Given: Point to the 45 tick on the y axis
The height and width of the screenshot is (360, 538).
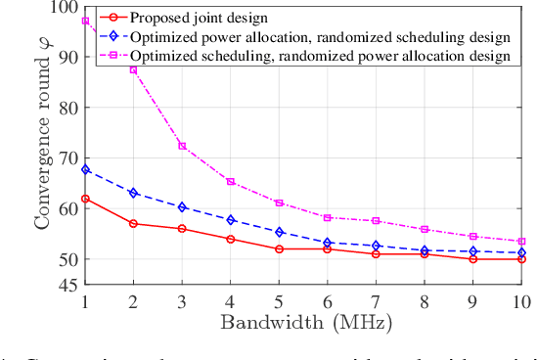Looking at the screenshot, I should click(x=66, y=286).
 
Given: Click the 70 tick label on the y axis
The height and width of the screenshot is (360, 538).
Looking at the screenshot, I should click(x=66, y=157).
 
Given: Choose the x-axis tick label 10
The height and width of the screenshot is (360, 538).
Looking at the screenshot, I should click(x=520, y=301).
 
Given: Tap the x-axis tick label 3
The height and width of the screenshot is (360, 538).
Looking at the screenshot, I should click(x=182, y=301).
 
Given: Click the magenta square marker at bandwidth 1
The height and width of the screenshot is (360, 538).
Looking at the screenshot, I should click(x=86, y=21).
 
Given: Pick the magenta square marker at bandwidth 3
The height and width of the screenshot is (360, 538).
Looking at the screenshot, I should click(x=182, y=146).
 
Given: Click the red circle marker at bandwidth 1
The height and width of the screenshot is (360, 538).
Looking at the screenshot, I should click(x=86, y=199).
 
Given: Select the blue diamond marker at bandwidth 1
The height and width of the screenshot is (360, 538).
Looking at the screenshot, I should click(x=86, y=169).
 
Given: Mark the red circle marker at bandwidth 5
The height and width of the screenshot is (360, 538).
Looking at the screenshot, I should click(x=280, y=249).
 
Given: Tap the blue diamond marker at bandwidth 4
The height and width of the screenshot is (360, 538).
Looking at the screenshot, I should click(x=231, y=220).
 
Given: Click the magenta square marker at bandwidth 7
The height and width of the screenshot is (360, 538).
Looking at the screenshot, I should click(x=376, y=221).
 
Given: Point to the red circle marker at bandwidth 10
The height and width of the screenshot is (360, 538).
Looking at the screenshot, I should click(x=521, y=259).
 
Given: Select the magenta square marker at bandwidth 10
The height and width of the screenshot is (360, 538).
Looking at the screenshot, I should click(x=521, y=242).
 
